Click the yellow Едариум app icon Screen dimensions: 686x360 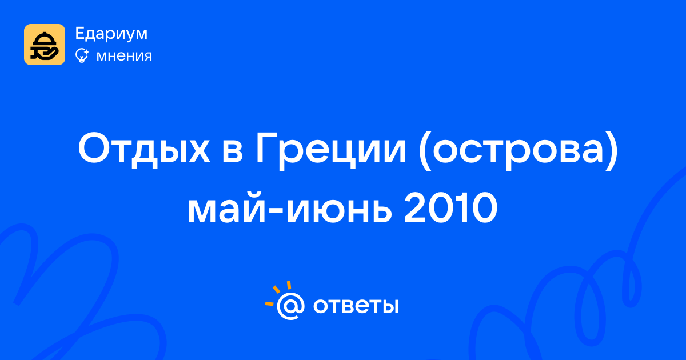click(x=45, y=45)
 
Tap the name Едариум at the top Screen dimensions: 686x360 click(x=111, y=34)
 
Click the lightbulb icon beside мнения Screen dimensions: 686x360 click(x=82, y=56)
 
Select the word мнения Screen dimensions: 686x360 click(x=124, y=56)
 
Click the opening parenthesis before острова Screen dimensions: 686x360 click(x=424, y=151)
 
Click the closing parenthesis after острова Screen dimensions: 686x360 click(x=612, y=151)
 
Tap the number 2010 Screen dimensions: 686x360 click(x=451, y=209)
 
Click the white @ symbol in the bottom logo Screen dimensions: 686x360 click(x=290, y=306)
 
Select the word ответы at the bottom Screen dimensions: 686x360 click(x=356, y=306)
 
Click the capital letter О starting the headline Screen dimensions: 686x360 click(x=93, y=148)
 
